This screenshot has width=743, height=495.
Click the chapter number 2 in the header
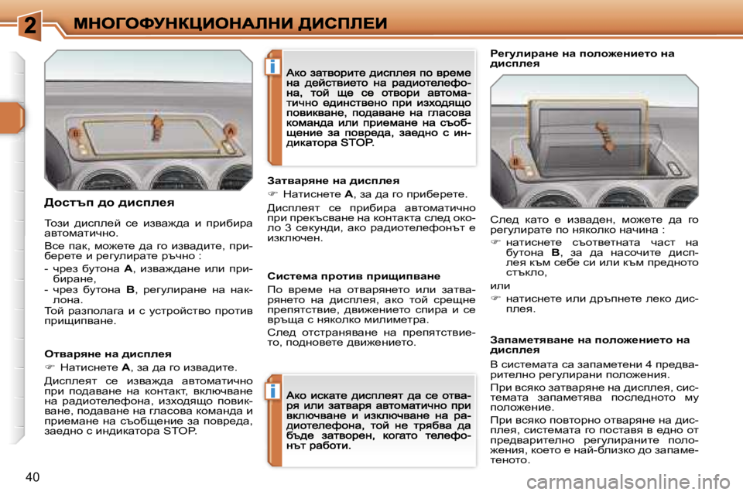tap(29, 25)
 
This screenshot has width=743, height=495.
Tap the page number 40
tap(33, 474)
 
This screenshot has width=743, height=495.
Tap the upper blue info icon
tap(273, 67)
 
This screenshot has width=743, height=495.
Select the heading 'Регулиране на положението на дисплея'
tap(582, 59)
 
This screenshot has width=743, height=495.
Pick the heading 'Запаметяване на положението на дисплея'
tap(590, 343)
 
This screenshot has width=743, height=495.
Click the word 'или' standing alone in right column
tap(500, 285)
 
